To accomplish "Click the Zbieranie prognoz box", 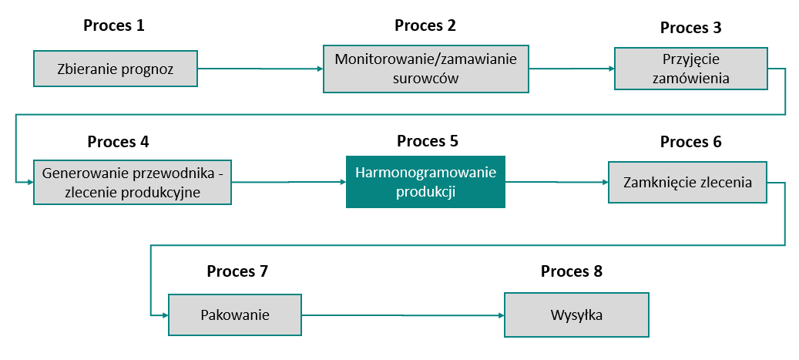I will click(116, 69).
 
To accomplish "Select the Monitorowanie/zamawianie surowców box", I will click(425, 68).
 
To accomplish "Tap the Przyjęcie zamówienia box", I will click(690, 69).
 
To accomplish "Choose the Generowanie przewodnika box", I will click(133, 182).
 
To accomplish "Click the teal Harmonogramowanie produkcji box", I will click(425, 182).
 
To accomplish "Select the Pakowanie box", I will click(235, 315).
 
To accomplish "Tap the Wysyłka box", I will click(576, 315).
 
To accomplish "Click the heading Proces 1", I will click(114, 25).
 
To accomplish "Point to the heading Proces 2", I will click(425, 25).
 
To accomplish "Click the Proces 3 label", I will click(690, 29).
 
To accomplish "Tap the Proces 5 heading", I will click(428, 141).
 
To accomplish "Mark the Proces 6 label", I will click(690, 142).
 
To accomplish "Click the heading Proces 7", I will click(237, 271).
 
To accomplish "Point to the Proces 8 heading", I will click(571, 271).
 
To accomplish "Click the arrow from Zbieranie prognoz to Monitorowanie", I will click(260, 69).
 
